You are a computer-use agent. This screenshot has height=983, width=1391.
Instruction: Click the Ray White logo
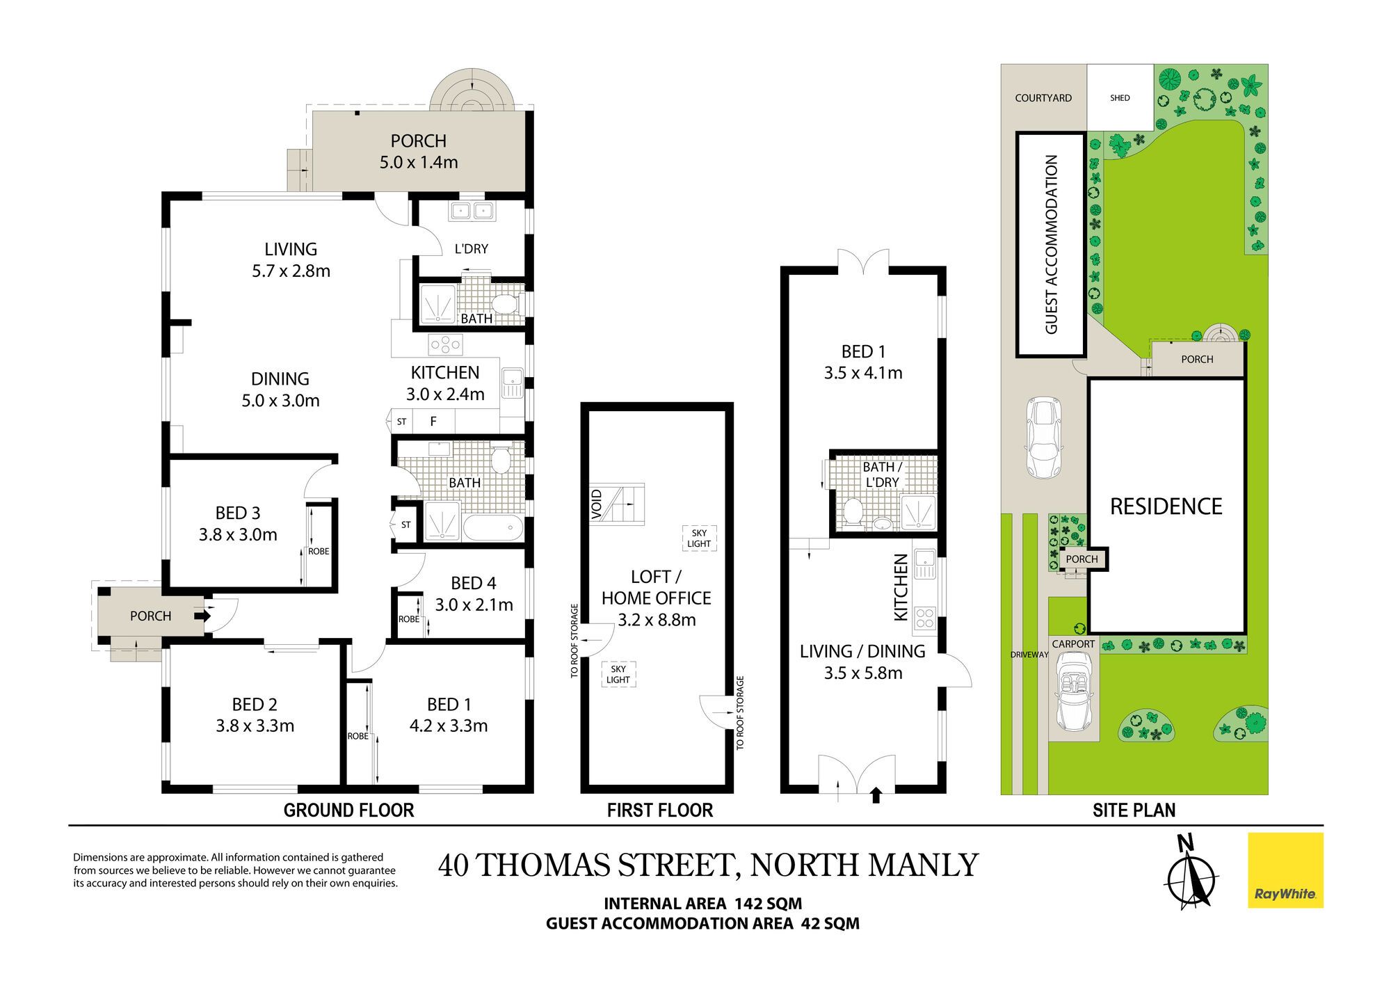click(x=1285, y=870)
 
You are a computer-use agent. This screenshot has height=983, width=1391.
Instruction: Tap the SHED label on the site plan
click(x=1120, y=98)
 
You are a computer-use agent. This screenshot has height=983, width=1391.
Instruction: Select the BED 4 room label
click(x=474, y=583)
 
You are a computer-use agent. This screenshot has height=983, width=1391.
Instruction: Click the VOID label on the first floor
click(x=597, y=504)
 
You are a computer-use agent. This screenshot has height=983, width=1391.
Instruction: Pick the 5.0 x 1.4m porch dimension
click(x=419, y=162)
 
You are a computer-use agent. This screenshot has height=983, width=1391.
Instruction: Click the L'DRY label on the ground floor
click(x=472, y=249)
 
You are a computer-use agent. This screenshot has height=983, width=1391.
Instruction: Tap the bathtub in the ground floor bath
click(x=492, y=528)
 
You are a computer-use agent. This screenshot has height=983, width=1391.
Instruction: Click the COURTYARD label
click(x=1043, y=98)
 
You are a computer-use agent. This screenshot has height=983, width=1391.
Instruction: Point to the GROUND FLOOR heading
click(x=348, y=810)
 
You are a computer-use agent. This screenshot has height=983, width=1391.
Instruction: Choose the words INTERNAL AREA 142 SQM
click(x=702, y=904)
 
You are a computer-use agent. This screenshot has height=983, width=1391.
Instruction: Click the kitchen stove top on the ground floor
click(x=446, y=344)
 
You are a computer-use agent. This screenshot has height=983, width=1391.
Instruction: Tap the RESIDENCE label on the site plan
click(x=1166, y=506)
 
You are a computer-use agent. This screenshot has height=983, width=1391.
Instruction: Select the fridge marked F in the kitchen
click(x=433, y=422)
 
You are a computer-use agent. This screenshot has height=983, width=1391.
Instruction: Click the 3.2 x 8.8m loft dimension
click(x=657, y=620)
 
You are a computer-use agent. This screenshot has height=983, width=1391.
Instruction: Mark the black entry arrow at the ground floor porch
click(x=204, y=616)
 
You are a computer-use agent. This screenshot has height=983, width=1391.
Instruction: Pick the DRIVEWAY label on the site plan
click(x=1029, y=655)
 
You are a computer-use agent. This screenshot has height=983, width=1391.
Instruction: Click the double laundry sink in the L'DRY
click(x=472, y=210)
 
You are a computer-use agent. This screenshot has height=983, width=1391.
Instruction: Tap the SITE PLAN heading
click(x=1134, y=810)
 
